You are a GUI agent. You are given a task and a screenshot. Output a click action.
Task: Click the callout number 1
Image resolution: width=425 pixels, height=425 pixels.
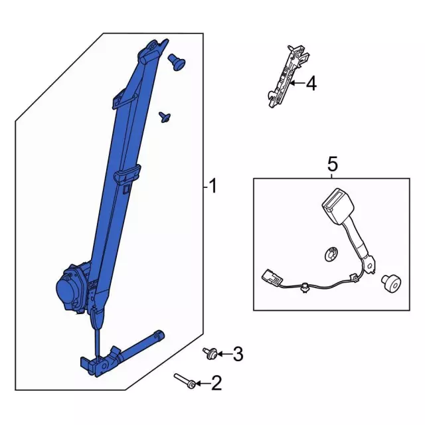(x=212, y=187)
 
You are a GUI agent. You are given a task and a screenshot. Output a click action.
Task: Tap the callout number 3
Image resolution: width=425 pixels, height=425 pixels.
(x=238, y=355)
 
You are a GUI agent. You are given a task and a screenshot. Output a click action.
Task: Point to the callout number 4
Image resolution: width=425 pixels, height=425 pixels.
(x=311, y=84)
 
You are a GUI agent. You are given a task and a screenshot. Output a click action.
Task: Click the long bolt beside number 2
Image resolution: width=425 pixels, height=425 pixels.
(x=185, y=381)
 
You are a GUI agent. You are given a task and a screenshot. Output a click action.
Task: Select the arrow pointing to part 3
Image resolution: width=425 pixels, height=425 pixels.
(x=223, y=355)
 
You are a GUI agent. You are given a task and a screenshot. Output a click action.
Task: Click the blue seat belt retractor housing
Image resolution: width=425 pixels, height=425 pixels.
(x=72, y=289)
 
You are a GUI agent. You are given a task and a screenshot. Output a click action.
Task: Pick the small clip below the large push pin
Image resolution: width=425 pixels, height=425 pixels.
(x=165, y=118)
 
